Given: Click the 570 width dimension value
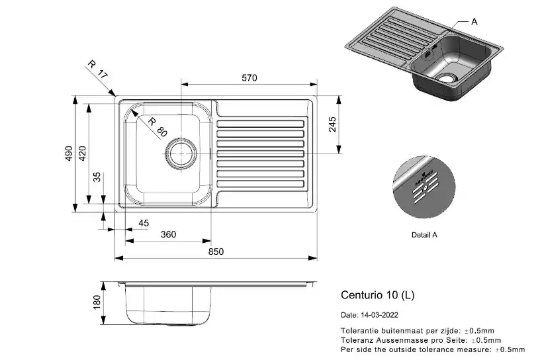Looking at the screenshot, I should click(249, 78).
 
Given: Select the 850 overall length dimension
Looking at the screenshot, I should click(216, 251).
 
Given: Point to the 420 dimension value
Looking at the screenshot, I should click(82, 154).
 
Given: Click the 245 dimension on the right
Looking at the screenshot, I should click(332, 124).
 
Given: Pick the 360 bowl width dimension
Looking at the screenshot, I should click(169, 235).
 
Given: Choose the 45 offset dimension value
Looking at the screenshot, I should click(144, 223).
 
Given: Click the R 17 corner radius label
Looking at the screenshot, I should click(97, 70).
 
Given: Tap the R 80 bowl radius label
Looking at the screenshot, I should click(157, 127).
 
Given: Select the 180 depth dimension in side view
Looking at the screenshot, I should click(97, 303).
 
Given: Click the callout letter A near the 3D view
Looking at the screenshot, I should click(474, 21).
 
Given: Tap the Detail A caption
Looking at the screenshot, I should click(424, 235).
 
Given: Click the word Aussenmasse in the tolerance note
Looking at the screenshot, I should click(395, 339).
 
